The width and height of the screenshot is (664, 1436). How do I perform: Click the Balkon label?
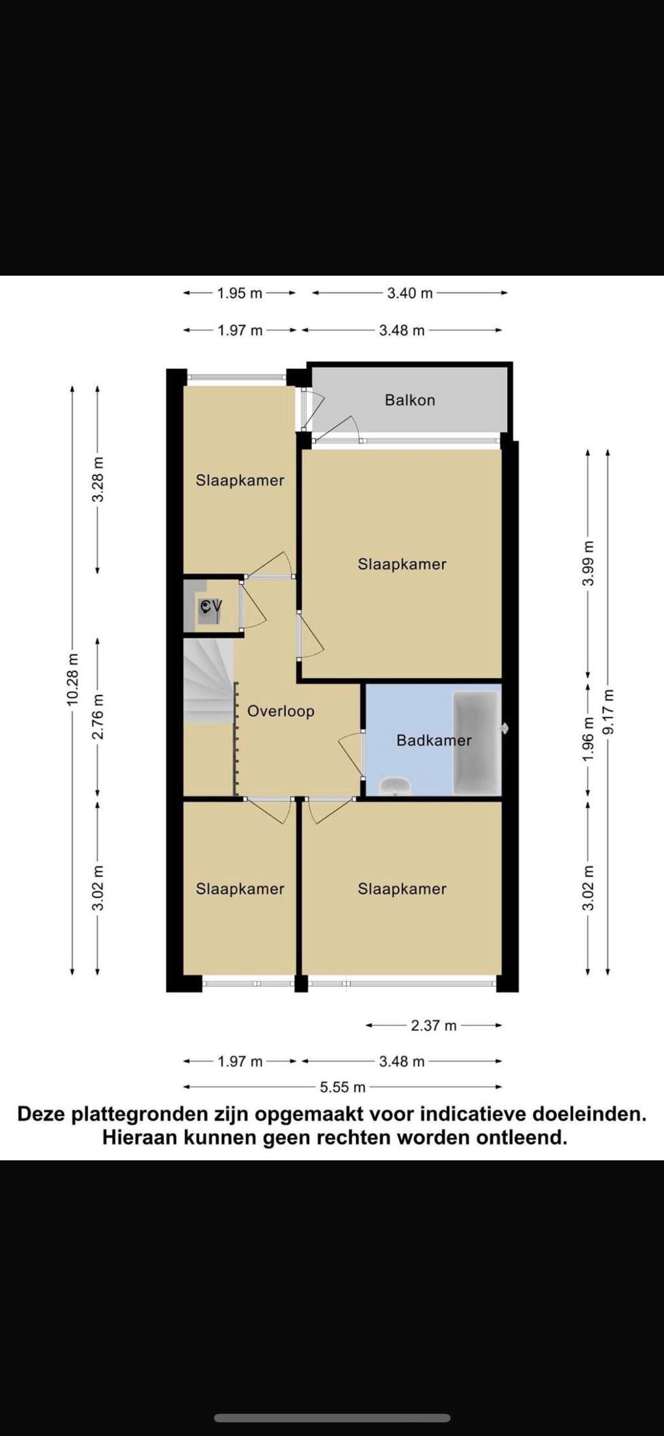[x=409, y=400]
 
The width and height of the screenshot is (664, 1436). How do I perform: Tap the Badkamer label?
[x=434, y=740]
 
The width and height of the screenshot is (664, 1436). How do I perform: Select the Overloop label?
[x=281, y=711]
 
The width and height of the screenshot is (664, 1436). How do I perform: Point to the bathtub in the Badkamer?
[x=477, y=742]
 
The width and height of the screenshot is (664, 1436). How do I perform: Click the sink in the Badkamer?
[x=394, y=785]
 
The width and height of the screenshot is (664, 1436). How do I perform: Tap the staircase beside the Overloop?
[x=208, y=681]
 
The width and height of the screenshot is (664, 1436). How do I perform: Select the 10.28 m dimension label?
[x=72, y=679]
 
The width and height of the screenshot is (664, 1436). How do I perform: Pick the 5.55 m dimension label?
[x=342, y=1087]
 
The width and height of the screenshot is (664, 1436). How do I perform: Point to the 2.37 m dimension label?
[x=434, y=1025]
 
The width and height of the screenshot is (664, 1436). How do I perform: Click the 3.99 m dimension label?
[x=588, y=563]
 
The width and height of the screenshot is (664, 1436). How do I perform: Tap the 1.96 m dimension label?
[x=588, y=738]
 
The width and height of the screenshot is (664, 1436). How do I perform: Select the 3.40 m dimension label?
[x=410, y=293]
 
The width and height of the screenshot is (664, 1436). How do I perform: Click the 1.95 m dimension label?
[x=240, y=293]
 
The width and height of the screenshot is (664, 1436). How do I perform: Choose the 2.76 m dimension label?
[x=98, y=716]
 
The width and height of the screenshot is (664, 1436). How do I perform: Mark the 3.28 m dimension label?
[x=98, y=480]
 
